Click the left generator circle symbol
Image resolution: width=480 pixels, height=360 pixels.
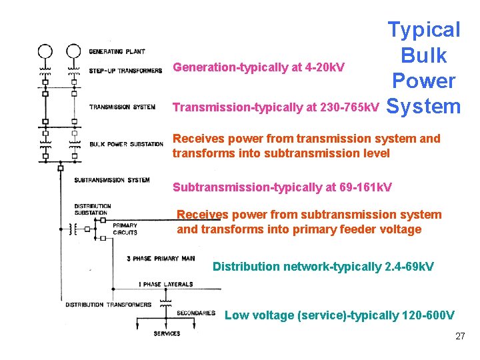(x=45, y=51)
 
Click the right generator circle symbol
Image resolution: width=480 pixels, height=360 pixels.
(x=74, y=51)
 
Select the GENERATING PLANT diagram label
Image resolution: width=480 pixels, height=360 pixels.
(x=117, y=51)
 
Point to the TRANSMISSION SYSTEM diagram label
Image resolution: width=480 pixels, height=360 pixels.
(x=123, y=107)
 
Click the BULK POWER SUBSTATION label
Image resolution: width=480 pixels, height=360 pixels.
(x=126, y=144)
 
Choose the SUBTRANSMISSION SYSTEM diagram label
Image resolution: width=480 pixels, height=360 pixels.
(x=112, y=180)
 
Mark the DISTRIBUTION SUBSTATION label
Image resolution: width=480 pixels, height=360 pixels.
(x=93, y=209)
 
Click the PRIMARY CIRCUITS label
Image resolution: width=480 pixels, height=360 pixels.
(x=125, y=229)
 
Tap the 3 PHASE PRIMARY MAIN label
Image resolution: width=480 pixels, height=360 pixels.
(x=161, y=258)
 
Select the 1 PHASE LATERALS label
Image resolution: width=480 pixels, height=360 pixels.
(x=166, y=285)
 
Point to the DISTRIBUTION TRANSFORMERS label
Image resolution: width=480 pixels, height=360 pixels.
(x=108, y=305)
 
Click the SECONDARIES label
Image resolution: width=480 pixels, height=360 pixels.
(x=196, y=313)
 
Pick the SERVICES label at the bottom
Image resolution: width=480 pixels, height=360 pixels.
(x=167, y=333)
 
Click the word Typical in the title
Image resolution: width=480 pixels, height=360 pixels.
(x=424, y=30)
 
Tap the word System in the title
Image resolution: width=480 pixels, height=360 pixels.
(x=423, y=106)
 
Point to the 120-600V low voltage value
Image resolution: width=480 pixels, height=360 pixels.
(x=429, y=315)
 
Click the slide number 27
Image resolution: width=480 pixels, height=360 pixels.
(x=460, y=336)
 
